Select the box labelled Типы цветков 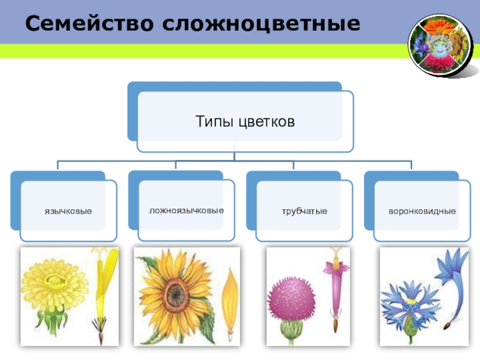click(245, 122)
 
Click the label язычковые click(68, 211)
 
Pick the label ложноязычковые click(187, 211)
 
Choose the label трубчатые click(305, 211)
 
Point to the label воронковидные click(422, 211)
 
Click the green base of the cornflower click(410, 328)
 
